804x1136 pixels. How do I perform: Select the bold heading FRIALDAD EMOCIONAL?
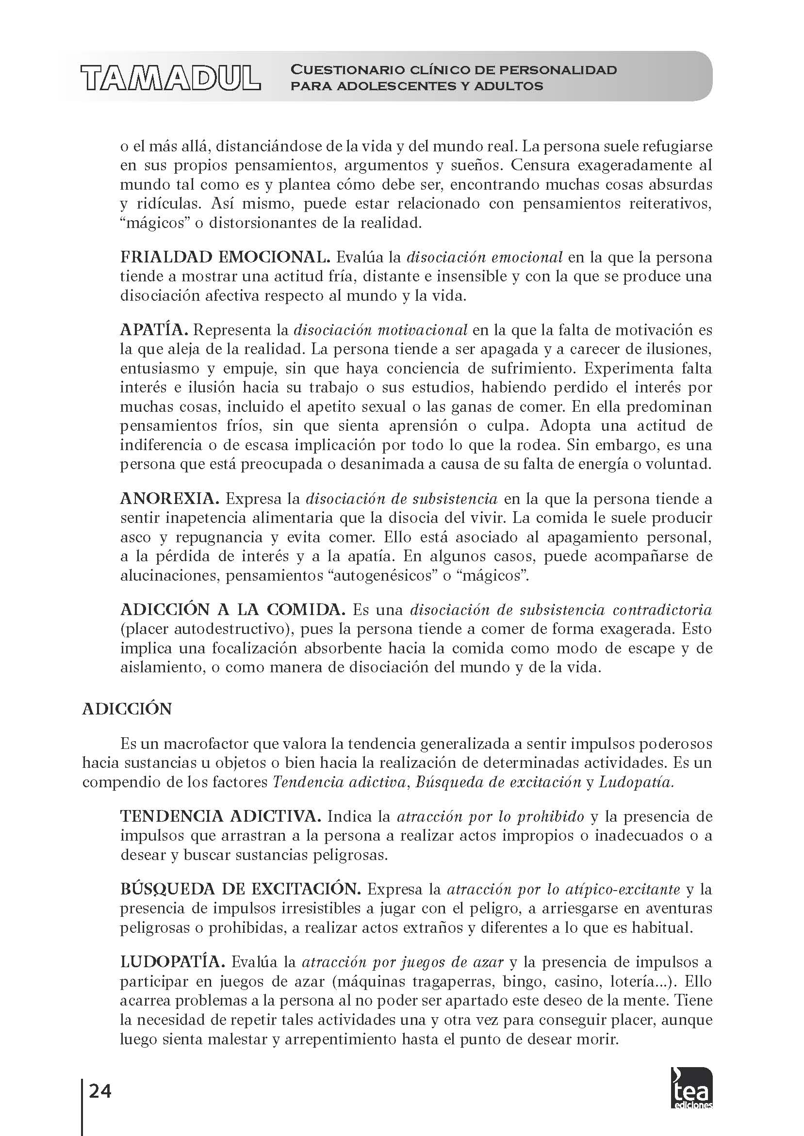(x=225, y=257)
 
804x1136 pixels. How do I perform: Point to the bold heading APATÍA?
(x=153, y=329)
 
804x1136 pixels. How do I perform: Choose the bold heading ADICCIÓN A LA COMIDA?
(x=233, y=610)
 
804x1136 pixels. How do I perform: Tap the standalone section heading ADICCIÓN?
(x=127, y=709)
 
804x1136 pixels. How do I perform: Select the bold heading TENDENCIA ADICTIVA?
(x=221, y=816)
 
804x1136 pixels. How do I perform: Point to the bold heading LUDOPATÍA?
(x=173, y=962)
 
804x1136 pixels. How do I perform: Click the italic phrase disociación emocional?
(x=484, y=257)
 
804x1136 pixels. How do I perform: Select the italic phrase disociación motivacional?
(x=381, y=329)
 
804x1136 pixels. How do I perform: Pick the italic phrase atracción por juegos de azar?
(x=403, y=962)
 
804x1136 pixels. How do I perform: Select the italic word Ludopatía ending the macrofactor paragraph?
(x=636, y=782)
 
